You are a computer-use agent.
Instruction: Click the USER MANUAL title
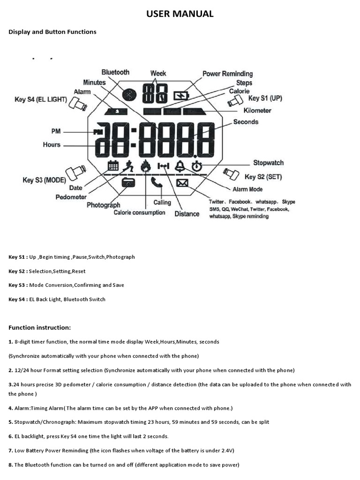coord(180,14)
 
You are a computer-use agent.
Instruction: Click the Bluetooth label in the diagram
coord(115,72)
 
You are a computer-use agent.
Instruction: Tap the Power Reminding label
coord(227,74)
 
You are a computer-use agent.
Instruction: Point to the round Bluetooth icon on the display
coord(128,94)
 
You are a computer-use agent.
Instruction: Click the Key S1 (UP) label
coord(265,98)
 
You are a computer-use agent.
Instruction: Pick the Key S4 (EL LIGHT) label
coord(41,99)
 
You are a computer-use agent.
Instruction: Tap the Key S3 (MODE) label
coord(44,180)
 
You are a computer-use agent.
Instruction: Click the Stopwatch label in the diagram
coord(268,163)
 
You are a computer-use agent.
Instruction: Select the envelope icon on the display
coord(182,183)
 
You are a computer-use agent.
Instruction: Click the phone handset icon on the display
coord(157,182)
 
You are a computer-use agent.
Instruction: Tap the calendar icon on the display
coord(113,166)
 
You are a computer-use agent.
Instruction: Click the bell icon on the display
coord(180,166)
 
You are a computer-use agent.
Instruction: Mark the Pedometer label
coord(71,197)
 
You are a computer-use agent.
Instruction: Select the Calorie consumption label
coord(139,213)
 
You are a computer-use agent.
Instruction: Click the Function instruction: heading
coord(39,327)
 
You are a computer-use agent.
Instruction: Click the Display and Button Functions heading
coord(52,32)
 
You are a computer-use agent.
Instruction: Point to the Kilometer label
coord(257,111)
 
